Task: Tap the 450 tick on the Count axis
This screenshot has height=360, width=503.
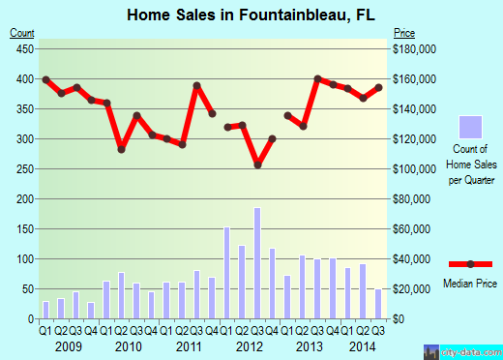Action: pos(23,48)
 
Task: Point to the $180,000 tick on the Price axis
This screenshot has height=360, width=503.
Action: pos(413,48)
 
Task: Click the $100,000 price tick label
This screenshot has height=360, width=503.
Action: pos(413,169)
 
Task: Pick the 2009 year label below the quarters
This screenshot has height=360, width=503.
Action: pos(68,347)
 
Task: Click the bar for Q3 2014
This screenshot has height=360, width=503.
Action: pos(378,304)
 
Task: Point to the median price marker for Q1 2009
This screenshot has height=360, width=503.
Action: pos(45,79)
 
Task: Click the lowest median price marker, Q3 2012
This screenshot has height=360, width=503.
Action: pos(257,165)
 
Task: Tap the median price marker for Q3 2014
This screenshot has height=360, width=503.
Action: pos(378,87)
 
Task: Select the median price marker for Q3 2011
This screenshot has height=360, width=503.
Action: pos(196,86)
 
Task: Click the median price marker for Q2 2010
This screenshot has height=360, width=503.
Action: pos(122,149)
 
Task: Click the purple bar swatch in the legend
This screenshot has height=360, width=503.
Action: pos(471,127)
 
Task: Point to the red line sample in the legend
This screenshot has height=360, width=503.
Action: pos(471,264)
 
